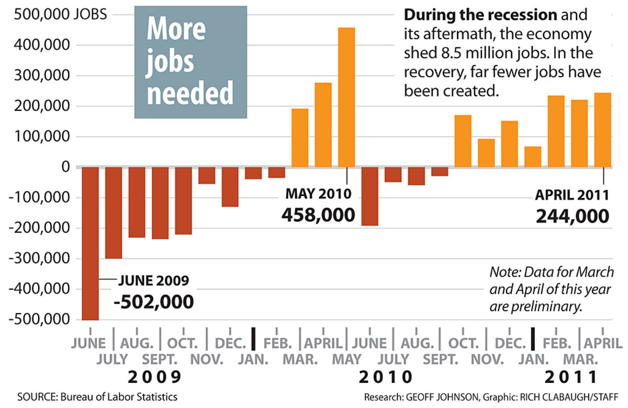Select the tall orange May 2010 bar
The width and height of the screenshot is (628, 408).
[x=346, y=97]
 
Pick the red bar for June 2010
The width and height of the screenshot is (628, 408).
[x=369, y=196]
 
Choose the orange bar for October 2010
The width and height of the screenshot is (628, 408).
[x=463, y=141]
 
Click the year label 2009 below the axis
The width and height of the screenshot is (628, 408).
[x=155, y=377]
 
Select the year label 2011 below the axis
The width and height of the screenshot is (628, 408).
[x=570, y=377]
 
